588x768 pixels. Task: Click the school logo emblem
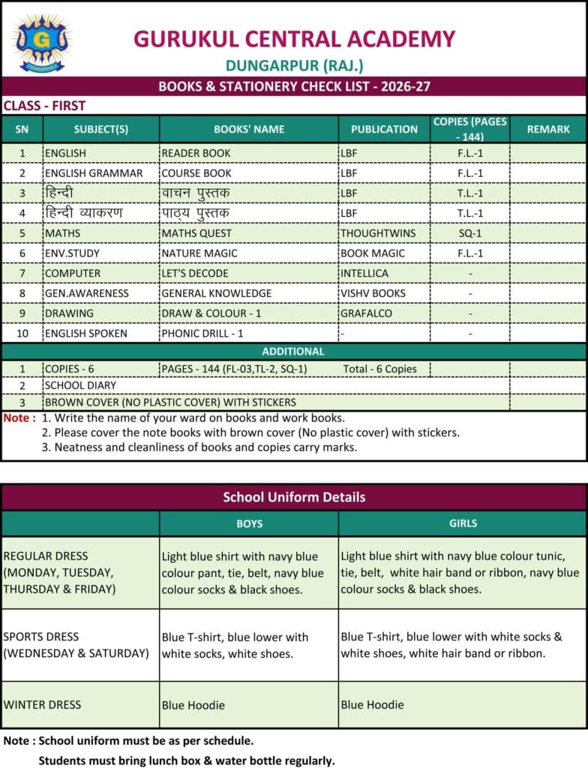[41, 42]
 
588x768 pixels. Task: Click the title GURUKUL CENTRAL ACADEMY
[294, 39]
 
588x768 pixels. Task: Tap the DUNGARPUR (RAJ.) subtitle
[294, 65]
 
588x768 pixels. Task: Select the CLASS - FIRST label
[45, 106]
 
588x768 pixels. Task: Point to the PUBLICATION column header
[384, 129]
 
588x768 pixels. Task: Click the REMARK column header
[548, 129]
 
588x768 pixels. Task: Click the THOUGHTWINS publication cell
[378, 233]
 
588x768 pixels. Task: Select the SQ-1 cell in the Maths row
[470, 233]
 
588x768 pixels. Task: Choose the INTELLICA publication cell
[364, 273]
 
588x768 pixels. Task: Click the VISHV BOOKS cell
[373, 293]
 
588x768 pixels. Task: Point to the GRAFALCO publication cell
[366, 313]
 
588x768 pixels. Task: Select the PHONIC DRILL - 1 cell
[202, 333]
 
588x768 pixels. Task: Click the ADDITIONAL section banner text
[293, 351]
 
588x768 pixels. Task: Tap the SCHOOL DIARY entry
[81, 385]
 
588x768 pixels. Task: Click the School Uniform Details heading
[294, 497]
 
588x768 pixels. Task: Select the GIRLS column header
[463, 523]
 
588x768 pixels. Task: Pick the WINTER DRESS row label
[42, 704]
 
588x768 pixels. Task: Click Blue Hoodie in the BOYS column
[193, 705]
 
